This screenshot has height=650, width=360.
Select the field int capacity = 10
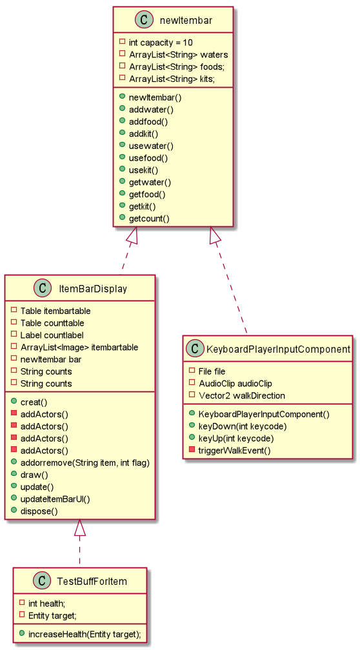pyautogui.click(x=160, y=43)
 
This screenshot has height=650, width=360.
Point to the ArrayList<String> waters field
pyautogui.click(x=178, y=55)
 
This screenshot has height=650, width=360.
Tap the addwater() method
pyautogui.click(x=151, y=110)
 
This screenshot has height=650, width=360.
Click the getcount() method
pyautogui.click(x=149, y=219)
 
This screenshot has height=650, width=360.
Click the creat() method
pyautogui.click(x=34, y=402)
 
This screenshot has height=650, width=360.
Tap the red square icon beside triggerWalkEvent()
pyautogui.click(x=192, y=450)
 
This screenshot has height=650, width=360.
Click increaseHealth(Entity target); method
pyautogui.click(x=84, y=635)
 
